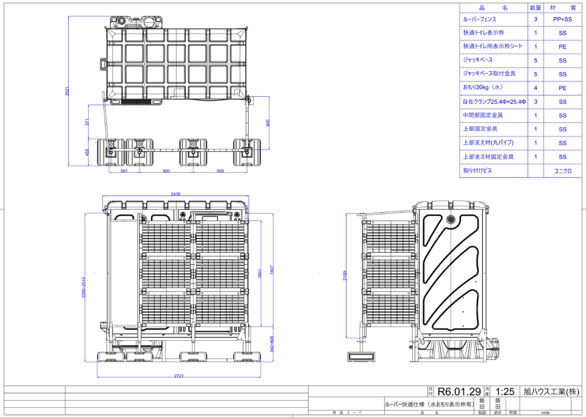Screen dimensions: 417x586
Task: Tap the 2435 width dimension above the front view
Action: click(x=176, y=194)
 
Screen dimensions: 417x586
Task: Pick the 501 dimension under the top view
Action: click(x=124, y=171)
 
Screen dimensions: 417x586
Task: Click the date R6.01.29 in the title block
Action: click(x=459, y=391)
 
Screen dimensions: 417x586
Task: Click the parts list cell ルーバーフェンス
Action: click(x=480, y=19)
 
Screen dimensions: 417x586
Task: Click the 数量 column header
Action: click(x=535, y=7)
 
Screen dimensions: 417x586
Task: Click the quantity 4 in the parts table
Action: click(x=535, y=88)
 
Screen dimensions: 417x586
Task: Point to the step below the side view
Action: click(x=362, y=357)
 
